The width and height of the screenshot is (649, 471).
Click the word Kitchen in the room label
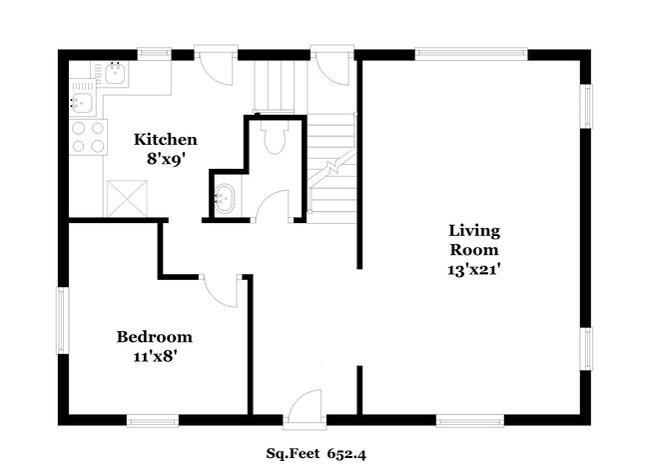[166, 139]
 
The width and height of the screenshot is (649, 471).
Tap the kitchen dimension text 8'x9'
[166, 156]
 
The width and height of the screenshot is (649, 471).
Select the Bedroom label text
[154, 337]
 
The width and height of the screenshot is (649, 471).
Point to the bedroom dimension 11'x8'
[154, 354]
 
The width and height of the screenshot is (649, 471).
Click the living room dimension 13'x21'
[472, 269]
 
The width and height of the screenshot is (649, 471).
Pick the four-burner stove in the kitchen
[87, 136]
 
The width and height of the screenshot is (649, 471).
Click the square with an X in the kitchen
[126, 196]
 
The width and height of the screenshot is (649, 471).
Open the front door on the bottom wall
[302, 410]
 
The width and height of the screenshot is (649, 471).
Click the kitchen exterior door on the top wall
[216, 64]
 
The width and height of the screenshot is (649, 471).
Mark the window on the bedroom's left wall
[62, 320]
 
